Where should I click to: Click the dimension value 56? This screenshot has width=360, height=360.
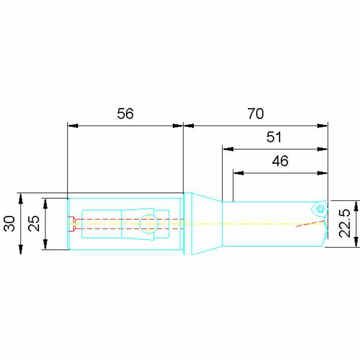tap(125, 114)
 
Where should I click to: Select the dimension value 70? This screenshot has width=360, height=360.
tap(256, 114)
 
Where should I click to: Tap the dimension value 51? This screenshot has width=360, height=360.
tap(274, 138)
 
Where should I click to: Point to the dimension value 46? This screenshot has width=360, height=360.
tap(280, 161)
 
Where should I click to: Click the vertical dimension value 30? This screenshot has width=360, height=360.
tap(10, 223)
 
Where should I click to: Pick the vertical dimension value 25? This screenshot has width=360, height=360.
tap(33, 223)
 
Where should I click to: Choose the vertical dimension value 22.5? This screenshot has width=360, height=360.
tap(345, 223)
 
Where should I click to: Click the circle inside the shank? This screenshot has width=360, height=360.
tap(149, 223)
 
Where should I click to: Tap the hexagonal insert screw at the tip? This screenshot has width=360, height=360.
tap(321, 209)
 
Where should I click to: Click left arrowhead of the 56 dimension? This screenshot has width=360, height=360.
tap(73, 126)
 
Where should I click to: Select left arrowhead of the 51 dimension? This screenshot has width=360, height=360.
tap(228, 149)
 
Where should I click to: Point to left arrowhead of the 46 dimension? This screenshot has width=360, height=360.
tap(238, 173)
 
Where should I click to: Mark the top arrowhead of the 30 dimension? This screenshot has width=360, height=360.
tap(21, 199)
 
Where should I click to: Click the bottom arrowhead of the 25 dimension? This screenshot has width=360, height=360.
tap(46, 245)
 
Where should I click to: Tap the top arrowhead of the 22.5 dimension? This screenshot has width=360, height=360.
tap(356, 206)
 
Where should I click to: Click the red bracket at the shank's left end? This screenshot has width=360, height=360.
tap(71, 224)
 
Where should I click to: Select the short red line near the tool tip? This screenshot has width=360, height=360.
tap(310, 223)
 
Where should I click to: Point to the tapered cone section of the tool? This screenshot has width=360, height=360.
tap(206, 224)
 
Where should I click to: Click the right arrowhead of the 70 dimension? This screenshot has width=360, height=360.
tap(322, 126)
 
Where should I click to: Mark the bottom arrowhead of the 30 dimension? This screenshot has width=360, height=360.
tap(21, 249)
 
